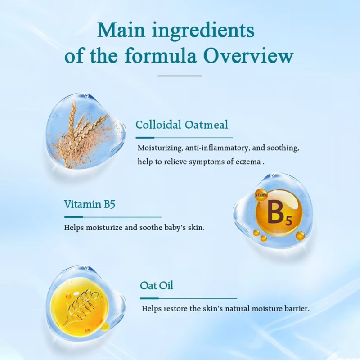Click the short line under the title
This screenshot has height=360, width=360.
tap(180, 76)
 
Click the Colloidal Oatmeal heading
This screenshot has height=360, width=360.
tap(182, 125)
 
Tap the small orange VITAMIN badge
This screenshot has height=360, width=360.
tap(261, 194)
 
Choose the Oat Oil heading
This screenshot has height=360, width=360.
tap(157, 285)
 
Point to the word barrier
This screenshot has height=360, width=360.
tap(298, 309)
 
